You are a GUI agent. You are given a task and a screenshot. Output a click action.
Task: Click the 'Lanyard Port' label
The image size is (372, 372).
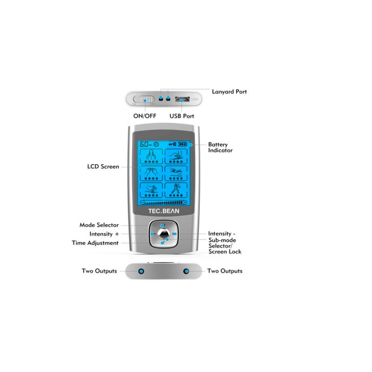pos(229,92)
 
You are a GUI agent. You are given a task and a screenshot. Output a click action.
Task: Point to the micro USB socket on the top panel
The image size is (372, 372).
pos(181,99)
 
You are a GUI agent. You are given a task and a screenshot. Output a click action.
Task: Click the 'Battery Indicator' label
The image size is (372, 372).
pos(220,147)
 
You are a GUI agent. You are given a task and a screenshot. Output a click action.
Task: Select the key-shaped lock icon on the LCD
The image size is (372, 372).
pos(173,144)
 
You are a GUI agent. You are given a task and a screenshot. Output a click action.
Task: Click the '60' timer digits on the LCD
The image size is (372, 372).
pos(145,144)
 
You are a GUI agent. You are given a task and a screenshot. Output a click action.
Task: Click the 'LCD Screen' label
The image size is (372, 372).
pos(103,166)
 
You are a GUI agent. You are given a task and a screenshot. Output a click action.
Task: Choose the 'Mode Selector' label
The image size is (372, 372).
pos(99,225)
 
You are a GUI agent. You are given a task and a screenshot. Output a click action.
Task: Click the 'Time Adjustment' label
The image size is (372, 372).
pos(95,243)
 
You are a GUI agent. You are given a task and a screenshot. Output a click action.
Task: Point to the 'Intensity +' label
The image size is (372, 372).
pos(104,234)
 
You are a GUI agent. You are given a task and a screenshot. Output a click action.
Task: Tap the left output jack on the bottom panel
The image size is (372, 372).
pos(141,271)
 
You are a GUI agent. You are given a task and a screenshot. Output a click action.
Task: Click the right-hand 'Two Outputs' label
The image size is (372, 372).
pos(225,271)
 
